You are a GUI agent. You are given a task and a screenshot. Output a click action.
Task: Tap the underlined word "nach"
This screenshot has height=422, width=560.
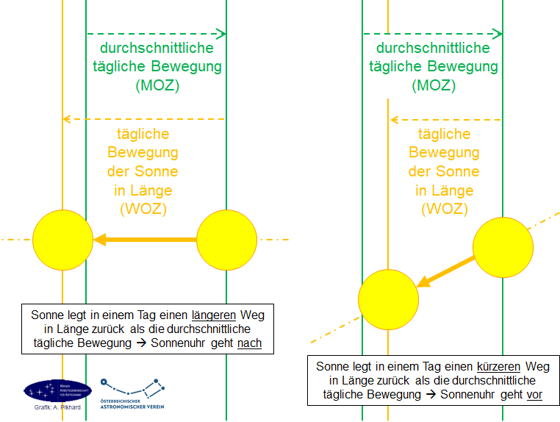coord(250,343)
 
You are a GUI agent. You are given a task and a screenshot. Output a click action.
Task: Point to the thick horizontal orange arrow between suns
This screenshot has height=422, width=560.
coord(146,240)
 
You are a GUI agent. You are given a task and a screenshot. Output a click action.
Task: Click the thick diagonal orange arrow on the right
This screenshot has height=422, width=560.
coord(445,271)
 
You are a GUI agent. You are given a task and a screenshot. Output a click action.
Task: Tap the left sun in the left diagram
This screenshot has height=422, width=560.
coord(62,240)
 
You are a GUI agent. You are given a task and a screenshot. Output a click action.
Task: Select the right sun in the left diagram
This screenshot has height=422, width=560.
coord(226,240)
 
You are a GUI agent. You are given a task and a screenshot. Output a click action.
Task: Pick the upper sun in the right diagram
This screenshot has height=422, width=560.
coord(503,247)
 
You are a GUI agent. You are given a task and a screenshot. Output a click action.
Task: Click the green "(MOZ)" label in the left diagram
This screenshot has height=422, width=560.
coord(157,86)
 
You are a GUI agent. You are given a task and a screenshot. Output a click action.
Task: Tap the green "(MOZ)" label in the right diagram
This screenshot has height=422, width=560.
coord(433,86)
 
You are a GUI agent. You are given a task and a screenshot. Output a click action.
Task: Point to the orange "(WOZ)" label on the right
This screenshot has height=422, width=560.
coord(444,210)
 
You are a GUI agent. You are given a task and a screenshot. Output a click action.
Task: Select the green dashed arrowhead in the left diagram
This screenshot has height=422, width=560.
coord(221,33)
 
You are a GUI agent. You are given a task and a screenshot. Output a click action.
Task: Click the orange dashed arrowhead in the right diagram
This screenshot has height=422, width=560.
coord(395,119)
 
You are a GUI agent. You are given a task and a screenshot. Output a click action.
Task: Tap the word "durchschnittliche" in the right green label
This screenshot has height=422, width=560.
coord(433,49)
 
